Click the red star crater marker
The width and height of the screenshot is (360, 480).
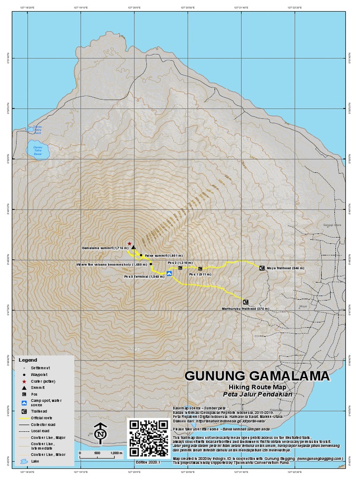(x=129, y=244)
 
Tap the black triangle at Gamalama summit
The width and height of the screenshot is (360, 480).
(x=133, y=247)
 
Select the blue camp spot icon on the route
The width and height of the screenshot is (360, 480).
(x=169, y=273)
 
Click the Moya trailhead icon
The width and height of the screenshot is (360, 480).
(x=262, y=268)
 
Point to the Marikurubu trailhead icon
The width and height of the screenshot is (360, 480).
(x=246, y=302)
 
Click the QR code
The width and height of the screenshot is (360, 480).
(x=148, y=437)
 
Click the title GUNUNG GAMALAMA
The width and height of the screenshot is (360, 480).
(x=256, y=376)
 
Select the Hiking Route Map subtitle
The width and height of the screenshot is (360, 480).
(x=257, y=387)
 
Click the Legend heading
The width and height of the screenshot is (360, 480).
(x=28, y=360)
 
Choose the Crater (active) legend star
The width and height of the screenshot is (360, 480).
(x=23, y=382)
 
